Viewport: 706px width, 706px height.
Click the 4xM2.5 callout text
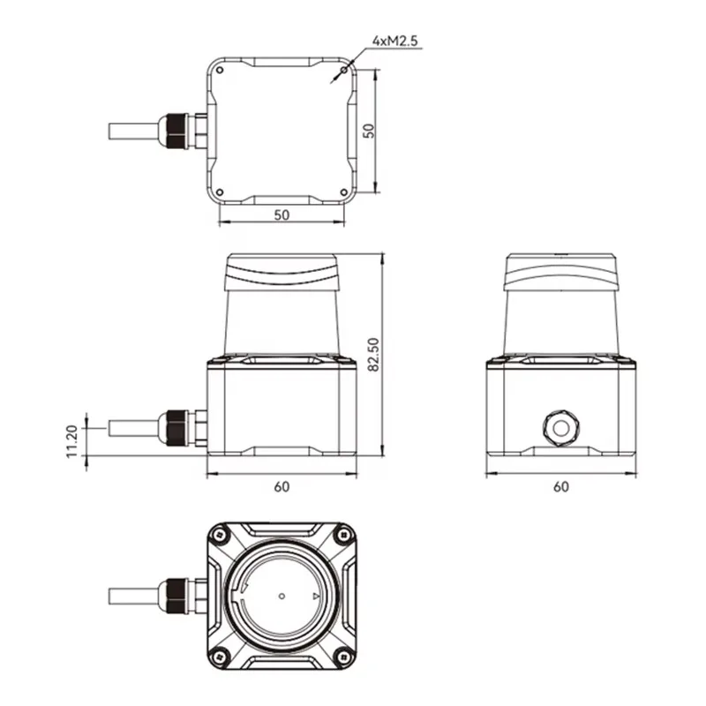click(394, 41)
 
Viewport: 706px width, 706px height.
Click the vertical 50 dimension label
click(369, 131)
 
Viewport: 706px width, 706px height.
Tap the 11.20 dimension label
click(72, 442)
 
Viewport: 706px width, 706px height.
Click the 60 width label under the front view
click(282, 487)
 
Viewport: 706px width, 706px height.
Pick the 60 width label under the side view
click(561, 487)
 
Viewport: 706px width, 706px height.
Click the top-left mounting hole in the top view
click(220, 70)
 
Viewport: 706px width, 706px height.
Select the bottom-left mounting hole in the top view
click(220, 192)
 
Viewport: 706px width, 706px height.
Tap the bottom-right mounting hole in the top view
click(343, 192)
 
